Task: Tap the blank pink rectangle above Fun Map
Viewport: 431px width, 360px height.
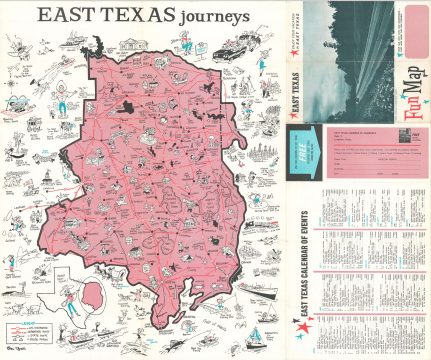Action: click(414, 50)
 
